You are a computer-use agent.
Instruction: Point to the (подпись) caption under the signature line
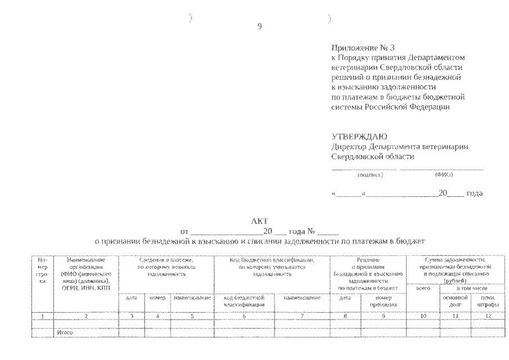(370, 175)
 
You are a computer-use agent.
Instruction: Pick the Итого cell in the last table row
(65, 332)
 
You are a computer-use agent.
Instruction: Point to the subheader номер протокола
(383, 300)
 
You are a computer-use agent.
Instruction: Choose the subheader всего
(423, 288)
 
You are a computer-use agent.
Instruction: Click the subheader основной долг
(456, 300)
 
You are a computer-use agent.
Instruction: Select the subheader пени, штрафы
(487, 300)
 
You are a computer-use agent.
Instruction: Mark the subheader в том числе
(471, 288)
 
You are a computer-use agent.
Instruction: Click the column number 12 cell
(487, 316)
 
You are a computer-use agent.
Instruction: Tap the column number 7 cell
(302, 316)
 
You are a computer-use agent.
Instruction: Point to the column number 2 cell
(85, 316)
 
